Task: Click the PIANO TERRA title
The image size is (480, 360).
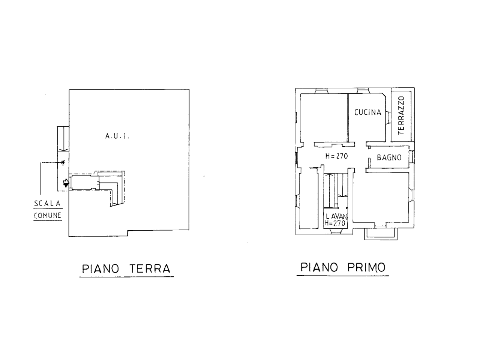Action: pos(126,268)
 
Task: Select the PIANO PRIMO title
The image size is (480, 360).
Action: pos(343,267)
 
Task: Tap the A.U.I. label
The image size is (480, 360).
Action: pos(117,136)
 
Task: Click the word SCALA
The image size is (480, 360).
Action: pos(47,204)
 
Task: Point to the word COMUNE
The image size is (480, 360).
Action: pos(48,216)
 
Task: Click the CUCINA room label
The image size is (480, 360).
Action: pos(367,112)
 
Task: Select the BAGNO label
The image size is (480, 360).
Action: pos(389,157)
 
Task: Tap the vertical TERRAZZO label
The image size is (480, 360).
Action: pos(401,115)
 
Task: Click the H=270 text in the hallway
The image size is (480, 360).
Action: pos(336,156)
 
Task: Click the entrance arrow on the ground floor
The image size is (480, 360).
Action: pos(66,183)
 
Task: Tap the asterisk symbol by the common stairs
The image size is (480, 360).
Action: pos(63,162)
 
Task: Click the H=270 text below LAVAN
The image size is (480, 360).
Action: pos(335,223)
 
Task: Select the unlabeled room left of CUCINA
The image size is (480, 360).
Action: pos(324,118)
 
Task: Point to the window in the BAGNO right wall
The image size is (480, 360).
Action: pos(411,157)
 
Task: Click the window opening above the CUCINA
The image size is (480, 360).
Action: pos(363,91)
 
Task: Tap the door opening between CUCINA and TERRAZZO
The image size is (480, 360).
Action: pos(388,118)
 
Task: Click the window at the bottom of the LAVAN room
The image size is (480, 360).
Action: pos(336,231)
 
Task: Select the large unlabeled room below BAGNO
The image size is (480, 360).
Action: pos(381,198)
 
